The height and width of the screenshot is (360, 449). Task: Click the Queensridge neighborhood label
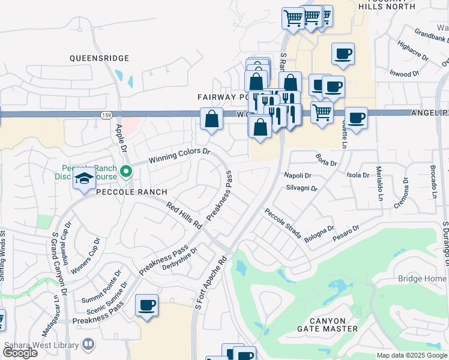click(x=99, y=58)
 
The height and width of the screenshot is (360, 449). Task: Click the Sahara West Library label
click(x=41, y=345)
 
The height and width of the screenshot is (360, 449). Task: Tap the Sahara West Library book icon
click(x=88, y=344)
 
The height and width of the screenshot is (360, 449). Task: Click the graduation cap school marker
click(x=84, y=178)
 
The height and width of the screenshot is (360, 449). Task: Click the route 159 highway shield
click(x=107, y=114)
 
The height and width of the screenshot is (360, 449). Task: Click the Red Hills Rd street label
click(x=184, y=215)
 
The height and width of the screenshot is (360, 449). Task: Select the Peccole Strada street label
click(x=283, y=223)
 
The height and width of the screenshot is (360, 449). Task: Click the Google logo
click(x=20, y=352)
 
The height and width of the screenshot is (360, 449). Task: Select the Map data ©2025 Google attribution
click(x=412, y=355)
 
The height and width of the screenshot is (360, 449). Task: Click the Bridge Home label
click(x=422, y=279)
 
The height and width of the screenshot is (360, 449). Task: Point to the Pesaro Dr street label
click(x=347, y=233)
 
